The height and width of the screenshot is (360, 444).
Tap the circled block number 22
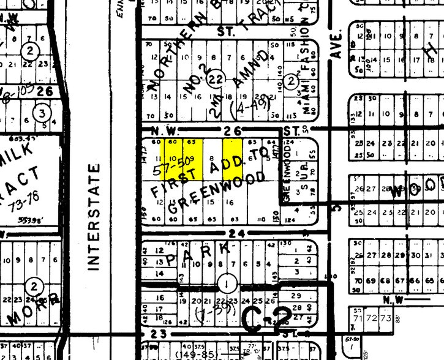(x=214, y=78)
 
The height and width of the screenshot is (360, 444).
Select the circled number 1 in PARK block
(x=228, y=283)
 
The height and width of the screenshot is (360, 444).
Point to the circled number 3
(x=42, y=113)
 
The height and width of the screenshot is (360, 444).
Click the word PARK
(x=195, y=253)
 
